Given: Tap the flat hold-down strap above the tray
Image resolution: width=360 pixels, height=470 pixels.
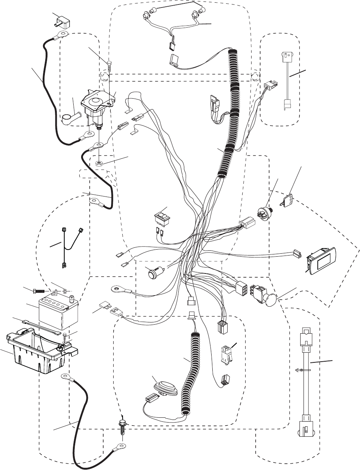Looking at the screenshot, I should point(41,326).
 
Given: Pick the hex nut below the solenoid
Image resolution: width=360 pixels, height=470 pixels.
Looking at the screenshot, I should point(99,163).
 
